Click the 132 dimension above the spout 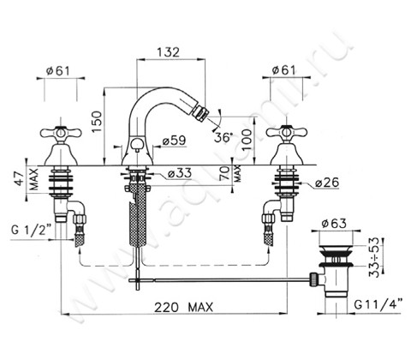pos(168,52)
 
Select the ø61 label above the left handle pos(57,70)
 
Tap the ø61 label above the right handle pos(283,70)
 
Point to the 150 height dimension pos(97,122)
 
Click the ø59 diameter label pos(174,141)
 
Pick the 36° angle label pos(223,137)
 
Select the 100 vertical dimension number pos(247,140)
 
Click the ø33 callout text pos(180,173)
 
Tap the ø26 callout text pos(327,183)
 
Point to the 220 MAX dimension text pos(184,308)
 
